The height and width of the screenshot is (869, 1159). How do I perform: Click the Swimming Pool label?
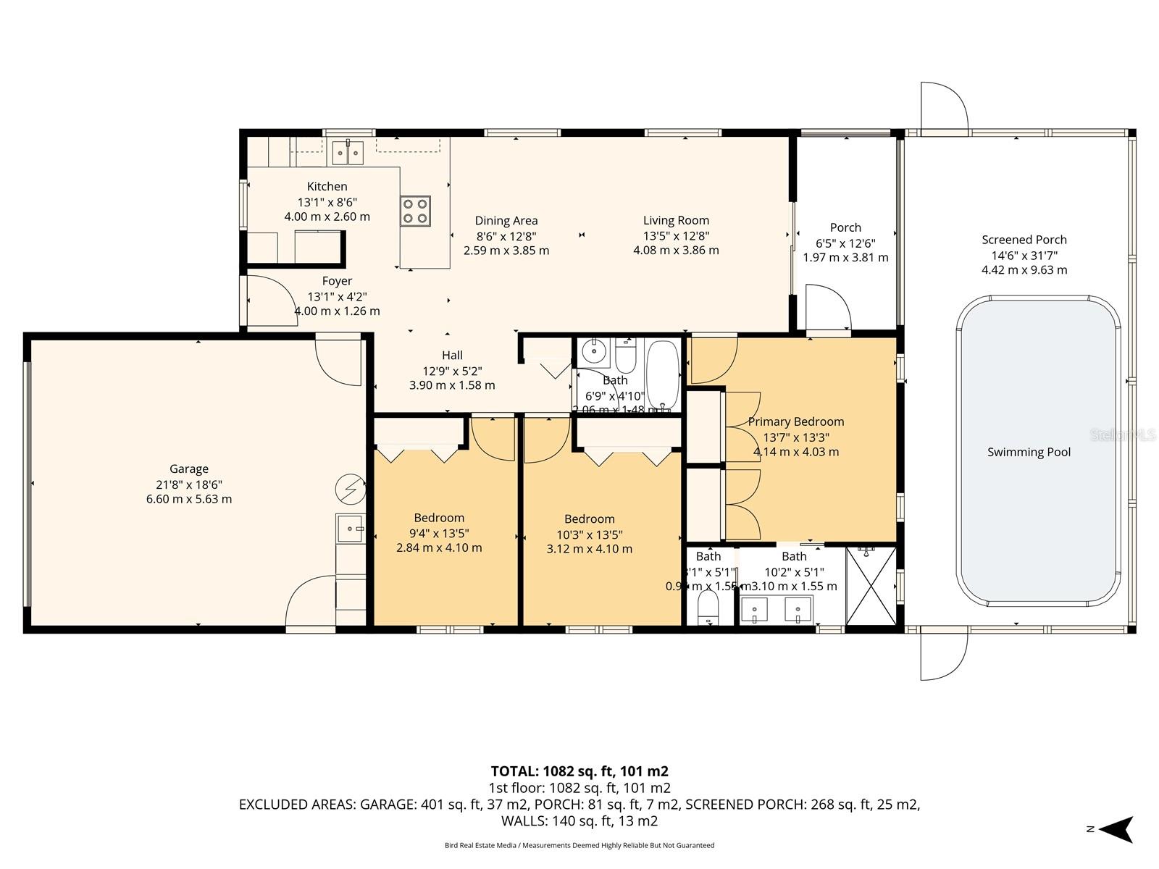click(x=1029, y=452)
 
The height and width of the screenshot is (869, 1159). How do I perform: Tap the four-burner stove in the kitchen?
click(x=415, y=211)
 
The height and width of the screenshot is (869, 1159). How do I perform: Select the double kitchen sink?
click(x=348, y=153)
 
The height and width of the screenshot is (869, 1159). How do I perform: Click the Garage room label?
click(x=189, y=469)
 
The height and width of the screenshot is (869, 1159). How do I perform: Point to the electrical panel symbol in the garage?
click(x=350, y=489)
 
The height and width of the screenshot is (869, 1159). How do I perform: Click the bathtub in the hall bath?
click(x=662, y=374)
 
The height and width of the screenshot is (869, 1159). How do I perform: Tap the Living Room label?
click(x=676, y=220)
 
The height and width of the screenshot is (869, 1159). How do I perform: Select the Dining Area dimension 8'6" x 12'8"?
click(x=506, y=235)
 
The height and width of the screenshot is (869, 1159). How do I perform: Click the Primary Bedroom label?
click(x=795, y=421)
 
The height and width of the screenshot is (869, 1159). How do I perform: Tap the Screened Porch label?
click(x=1024, y=240)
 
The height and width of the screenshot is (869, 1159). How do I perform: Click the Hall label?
click(x=452, y=355)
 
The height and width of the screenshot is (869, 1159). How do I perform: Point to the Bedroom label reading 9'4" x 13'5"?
click(x=439, y=518)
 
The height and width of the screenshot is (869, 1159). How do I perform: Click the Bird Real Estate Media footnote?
click(x=579, y=845)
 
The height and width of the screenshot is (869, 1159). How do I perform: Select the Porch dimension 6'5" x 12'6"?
click(x=845, y=243)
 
